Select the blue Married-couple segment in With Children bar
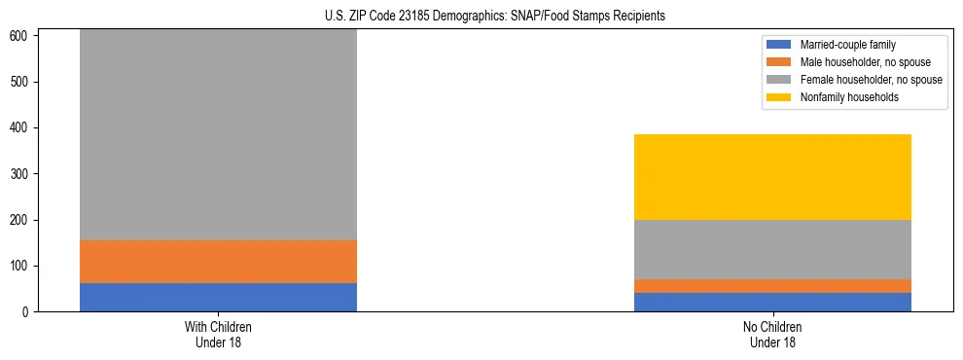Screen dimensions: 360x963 click(x=218, y=297)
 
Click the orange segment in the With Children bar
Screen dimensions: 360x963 click(x=218, y=262)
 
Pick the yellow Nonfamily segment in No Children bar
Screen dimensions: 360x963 click(x=772, y=177)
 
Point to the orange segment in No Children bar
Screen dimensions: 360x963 click(x=772, y=286)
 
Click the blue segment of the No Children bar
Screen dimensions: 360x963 click(x=772, y=302)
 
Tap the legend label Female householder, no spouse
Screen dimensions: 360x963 click(x=871, y=80)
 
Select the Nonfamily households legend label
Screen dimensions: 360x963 click(x=849, y=97)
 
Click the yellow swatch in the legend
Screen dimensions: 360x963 click(x=779, y=97)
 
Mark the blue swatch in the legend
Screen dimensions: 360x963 click(x=779, y=45)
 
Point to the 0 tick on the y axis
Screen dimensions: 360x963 click(x=27, y=312)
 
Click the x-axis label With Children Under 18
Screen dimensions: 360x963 click(x=218, y=334)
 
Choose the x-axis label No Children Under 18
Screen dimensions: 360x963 click(x=772, y=334)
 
